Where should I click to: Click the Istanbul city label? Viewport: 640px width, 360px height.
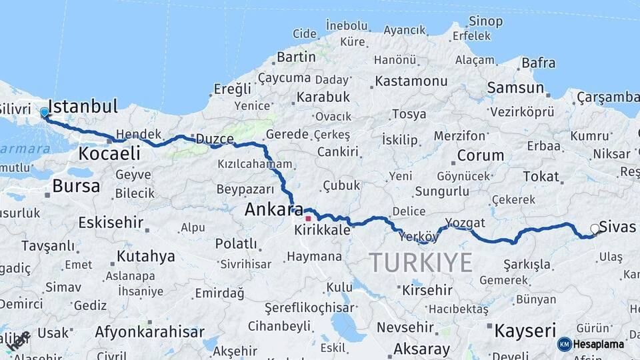(x=83, y=106)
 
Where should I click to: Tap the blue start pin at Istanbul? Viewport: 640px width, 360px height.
(x=44, y=113)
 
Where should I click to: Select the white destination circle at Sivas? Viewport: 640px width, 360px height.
(x=595, y=229)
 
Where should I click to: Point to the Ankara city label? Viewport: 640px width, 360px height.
(x=274, y=209)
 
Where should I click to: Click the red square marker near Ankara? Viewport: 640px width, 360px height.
(x=308, y=218)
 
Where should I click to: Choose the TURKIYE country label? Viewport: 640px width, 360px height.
(x=421, y=262)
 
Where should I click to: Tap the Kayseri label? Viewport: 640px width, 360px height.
(x=525, y=330)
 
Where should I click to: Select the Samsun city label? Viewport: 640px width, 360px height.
(x=515, y=87)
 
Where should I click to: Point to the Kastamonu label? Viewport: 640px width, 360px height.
(x=411, y=81)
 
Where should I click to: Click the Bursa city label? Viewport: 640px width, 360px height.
(x=76, y=186)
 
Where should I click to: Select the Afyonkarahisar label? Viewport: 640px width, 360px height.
(x=149, y=331)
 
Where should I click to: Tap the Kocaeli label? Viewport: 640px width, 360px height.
(x=109, y=153)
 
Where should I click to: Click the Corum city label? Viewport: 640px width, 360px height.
(x=480, y=155)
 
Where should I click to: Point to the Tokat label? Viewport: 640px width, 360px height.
(x=541, y=176)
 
